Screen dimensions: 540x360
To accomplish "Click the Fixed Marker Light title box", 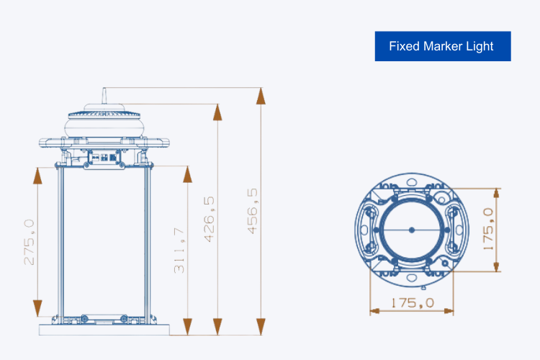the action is [x=443, y=46].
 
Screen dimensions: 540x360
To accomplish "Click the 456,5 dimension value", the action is [x=253, y=211].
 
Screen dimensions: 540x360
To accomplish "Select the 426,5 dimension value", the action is [x=209, y=220].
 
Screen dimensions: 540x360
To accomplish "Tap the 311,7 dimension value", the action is [x=179, y=251].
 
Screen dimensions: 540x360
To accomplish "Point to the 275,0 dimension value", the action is [x=29, y=242].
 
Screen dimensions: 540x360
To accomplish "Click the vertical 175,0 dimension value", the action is [x=488, y=229].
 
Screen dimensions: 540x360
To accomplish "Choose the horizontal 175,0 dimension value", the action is [x=413, y=303].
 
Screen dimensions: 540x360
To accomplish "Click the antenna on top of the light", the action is [x=104, y=96].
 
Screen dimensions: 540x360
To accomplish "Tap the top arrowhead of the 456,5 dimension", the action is [x=261, y=96].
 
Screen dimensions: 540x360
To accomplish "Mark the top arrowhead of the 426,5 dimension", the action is [x=217, y=112].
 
